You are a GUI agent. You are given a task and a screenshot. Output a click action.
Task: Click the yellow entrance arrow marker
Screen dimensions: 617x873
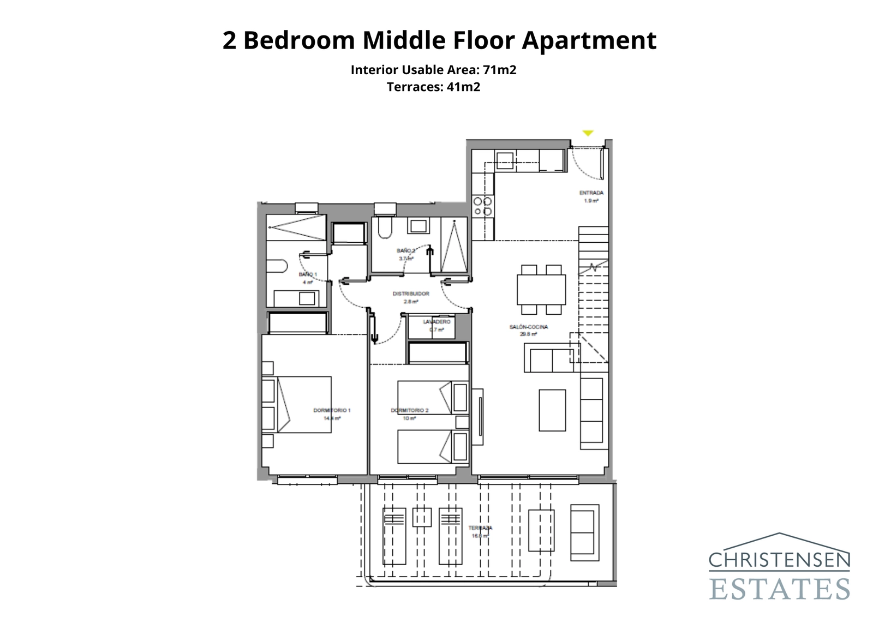[x=587, y=133]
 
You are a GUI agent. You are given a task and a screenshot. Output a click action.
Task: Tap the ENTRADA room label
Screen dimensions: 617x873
[x=591, y=193]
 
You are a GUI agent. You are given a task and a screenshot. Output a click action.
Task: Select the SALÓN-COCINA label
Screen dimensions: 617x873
[x=528, y=327]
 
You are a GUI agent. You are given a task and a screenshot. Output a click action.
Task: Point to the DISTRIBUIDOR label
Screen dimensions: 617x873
[x=411, y=294]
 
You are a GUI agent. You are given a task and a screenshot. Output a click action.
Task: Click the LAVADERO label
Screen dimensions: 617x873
[x=436, y=322]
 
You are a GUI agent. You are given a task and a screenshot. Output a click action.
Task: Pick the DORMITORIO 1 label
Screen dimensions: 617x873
[x=332, y=410]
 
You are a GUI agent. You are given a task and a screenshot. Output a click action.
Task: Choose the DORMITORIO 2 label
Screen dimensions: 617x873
[x=410, y=410]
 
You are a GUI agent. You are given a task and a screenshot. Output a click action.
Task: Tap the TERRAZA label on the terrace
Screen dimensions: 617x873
[x=480, y=528]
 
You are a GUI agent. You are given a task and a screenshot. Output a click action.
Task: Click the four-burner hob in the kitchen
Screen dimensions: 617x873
[x=483, y=206]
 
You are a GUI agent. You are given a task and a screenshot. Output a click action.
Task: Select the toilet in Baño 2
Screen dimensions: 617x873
[x=385, y=228]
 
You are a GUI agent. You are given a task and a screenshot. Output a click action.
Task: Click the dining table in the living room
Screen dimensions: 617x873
[x=541, y=289]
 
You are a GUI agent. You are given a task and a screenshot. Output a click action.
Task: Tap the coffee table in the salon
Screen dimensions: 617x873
[x=552, y=410]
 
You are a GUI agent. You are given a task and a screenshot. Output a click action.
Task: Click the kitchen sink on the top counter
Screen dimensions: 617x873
[x=505, y=161]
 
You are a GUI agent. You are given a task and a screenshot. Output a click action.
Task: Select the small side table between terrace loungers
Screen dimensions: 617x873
[x=422, y=517]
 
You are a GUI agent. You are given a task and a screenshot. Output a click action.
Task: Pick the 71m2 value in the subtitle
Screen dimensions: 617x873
[x=500, y=70]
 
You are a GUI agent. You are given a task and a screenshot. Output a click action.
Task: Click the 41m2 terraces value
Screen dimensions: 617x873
[x=463, y=87]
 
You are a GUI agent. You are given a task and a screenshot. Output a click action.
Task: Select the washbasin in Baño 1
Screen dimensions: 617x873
[x=307, y=298]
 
